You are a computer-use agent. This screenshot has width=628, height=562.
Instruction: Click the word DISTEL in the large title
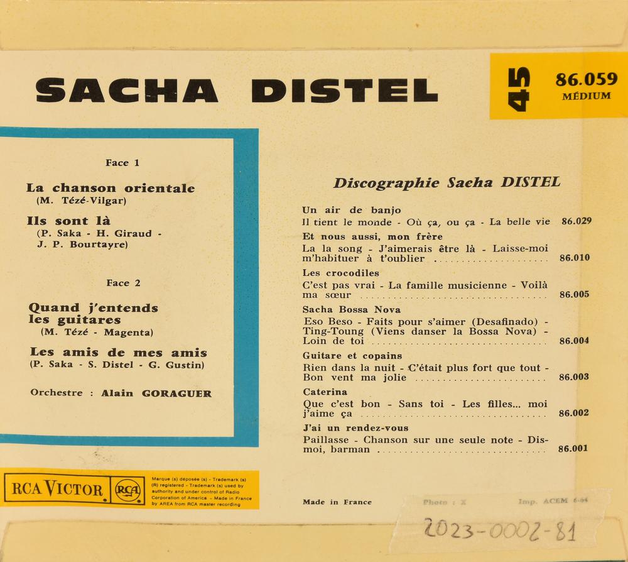pos(344,91)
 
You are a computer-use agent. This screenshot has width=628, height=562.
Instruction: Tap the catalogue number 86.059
pos(586,80)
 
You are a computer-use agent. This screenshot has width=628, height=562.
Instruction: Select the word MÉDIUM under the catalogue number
pos(586,96)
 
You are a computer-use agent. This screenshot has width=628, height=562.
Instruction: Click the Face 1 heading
pos(122,163)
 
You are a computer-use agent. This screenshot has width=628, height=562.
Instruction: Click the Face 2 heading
pos(122,283)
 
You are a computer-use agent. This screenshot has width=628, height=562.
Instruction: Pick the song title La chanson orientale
pos(111,188)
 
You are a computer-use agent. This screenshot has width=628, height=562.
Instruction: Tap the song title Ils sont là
pos(68,221)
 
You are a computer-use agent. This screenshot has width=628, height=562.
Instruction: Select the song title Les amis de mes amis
pos(118,353)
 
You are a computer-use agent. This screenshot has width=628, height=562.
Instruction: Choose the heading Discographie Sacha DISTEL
pos(447,183)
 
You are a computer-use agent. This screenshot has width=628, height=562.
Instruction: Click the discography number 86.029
pos(576,221)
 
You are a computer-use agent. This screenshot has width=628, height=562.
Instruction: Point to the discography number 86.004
pos(574,341)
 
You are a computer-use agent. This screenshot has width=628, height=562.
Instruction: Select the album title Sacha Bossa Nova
pos(351,309)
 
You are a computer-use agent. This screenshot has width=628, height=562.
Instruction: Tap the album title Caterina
pos(325,392)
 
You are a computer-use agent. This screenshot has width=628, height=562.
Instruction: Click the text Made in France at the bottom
pos(337,502)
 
